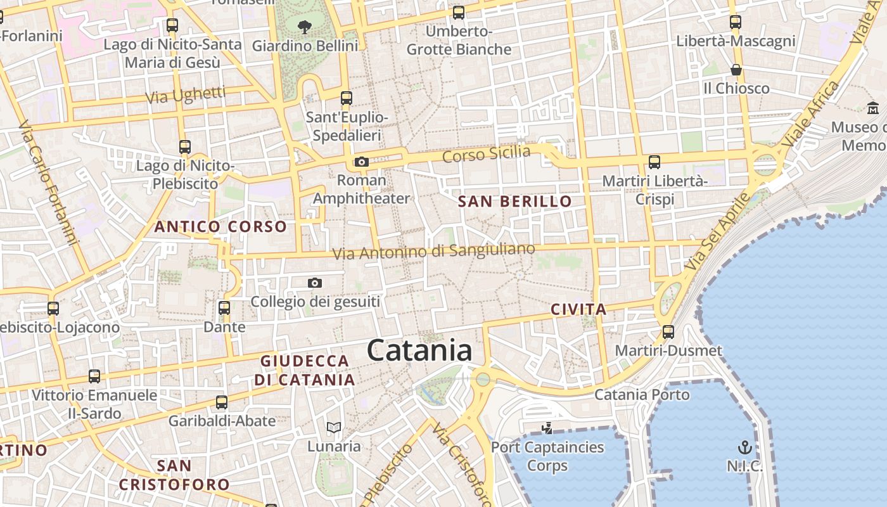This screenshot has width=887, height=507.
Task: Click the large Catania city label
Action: click(x=419, y=350)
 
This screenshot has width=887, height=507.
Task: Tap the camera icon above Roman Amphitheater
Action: click(x=362, y=162)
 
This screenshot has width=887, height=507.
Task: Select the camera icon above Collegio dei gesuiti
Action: click(x=315, y=283)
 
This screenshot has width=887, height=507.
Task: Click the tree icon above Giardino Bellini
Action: click(x=305, y=27)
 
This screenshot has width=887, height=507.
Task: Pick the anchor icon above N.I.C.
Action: click(x=746, y=447)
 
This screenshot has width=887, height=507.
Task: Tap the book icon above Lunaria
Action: click(x=334, y=427)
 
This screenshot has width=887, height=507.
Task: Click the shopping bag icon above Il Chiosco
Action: click(x=736, y=69)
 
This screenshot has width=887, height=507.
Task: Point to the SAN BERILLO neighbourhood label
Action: click(x=514, y=202)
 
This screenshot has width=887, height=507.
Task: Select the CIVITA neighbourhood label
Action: click(x=578, y=309)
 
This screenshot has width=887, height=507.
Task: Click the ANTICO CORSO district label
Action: click(x=220, y=226)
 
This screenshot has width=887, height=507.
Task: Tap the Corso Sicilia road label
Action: click(x=486, y=154)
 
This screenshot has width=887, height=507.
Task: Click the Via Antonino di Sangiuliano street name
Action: click(x=434, y=252)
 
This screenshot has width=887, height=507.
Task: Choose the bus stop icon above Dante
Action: click(x=224, y=308)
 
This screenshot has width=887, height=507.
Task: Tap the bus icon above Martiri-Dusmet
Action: click(x=668, y=331)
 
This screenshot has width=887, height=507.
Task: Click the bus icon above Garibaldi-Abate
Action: click(x=222, y=402)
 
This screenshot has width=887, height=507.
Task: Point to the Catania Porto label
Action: click(x=642, y=395)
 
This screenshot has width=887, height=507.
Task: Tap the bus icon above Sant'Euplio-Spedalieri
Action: click(x=347, y=98)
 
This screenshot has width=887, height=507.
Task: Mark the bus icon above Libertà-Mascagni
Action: click(x=736, y=22)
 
